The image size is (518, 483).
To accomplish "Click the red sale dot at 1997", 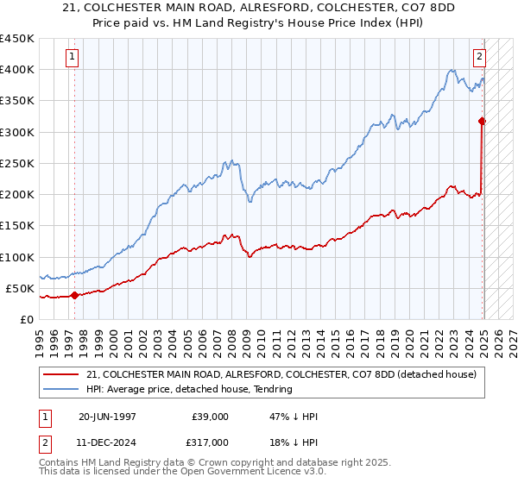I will (x=74, y=295).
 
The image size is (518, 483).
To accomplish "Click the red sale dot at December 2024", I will (x=482, y=122).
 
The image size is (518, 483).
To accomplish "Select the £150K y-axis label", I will (x=19, y=226).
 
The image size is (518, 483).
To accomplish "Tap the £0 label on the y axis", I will (x=26, y=319).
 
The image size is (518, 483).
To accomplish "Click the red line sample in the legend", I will (x=63, y=374).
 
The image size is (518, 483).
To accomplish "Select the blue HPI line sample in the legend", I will (x=63, y=389).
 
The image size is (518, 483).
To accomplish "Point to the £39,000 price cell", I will (x=210, y=417).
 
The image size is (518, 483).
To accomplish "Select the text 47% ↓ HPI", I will (x=295, y=417).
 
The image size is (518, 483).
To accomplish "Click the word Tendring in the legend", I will (x=272, y=389).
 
